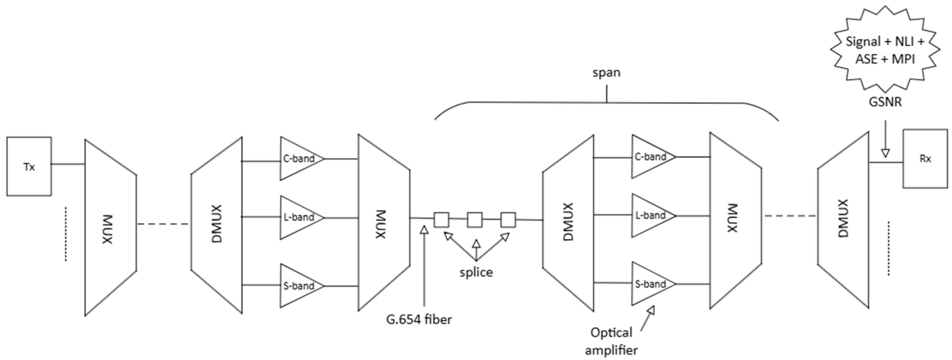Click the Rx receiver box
coord(925,159)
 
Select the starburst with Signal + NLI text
coord(885,50)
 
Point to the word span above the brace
coord(607,73)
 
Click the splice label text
coord(476,272)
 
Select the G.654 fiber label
coord(419,319)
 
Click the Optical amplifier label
coord(612,341)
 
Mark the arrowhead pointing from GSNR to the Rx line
coord(885,153)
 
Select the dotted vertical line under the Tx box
coord(66,234)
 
